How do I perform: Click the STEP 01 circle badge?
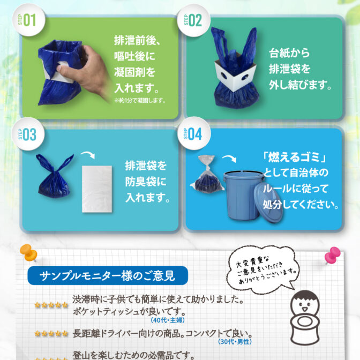28,20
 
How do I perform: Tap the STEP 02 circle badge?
193,20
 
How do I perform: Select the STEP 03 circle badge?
28,134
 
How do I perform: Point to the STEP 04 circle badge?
194,133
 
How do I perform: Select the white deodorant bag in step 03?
97,189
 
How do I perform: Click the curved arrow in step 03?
88,154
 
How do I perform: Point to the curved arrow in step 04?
230,157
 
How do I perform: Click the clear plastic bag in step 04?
207,174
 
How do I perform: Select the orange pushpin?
28,252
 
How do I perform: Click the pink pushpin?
333,255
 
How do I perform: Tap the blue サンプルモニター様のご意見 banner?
108,275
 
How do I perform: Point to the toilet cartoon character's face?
305,304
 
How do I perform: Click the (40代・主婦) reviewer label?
168,320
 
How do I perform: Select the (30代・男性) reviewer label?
235,342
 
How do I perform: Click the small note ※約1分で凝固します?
140,100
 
